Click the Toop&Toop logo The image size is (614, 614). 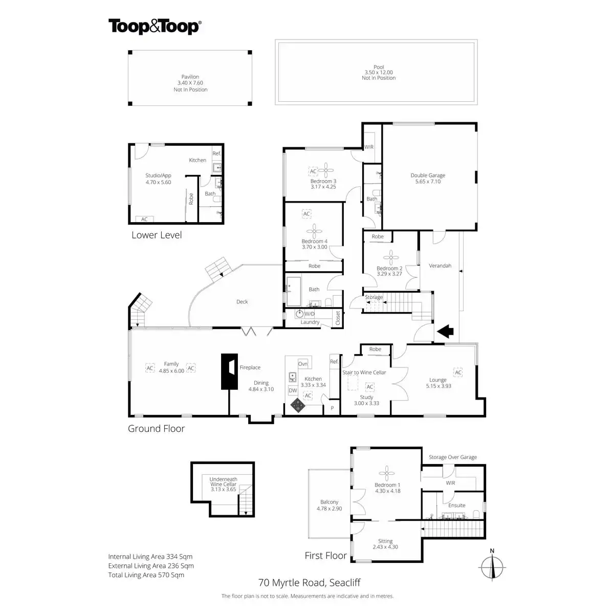(x=154, y=27)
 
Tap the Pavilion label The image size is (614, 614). (x=190, y=77)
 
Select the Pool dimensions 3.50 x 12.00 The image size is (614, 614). (x=379, y=73)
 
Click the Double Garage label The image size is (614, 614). (x=427, y=176)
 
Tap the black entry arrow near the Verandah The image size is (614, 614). (x=446, y=331)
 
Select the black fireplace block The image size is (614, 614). (x=229, y=371)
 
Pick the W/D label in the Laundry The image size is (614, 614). (x=310, y=314)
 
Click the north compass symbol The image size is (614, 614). (x=492, y=567)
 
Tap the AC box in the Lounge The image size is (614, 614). (x=458, y=372)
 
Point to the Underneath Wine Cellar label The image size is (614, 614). (x=224, y=484)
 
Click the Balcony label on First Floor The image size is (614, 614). (x=330, y=502)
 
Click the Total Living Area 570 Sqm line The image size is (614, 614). (x=146, y=575)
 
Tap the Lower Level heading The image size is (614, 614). (x=157, y=235)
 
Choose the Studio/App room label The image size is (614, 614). (x=159, y=176)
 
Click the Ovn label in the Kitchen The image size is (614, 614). (x=303, y=364)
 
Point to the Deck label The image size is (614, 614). (x=242, y=302)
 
